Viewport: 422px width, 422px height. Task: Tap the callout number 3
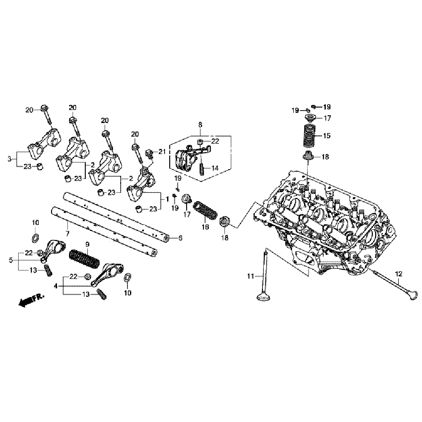pyautogui.click(x=9, y=159)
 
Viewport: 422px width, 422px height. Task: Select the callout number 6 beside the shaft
pyautogui.click(x=180, y=238)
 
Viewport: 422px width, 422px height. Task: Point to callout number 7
pyautogui.click(x=67, y=233)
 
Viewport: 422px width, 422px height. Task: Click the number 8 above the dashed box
pyautogui.click(x=200, y=124)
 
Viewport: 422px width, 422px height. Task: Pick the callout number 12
pyautogui.click(x=398, y=274)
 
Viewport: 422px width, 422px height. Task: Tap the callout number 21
pyautogui.click(x=161, y=151)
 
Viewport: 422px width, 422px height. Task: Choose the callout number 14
pyautogui.click(x=215, y=168)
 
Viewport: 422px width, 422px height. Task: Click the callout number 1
pyautogui.click(x=167, y=198)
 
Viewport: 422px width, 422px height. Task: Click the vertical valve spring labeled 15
pyautogui.click(x=311, y=136)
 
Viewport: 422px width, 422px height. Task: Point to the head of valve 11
pyautogui.click(x=265, y=297)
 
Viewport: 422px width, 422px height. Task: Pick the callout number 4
pyautogui.click(x=56, y=286)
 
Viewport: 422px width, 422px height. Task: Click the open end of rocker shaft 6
pyautogui.click(x=168, y=239)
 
